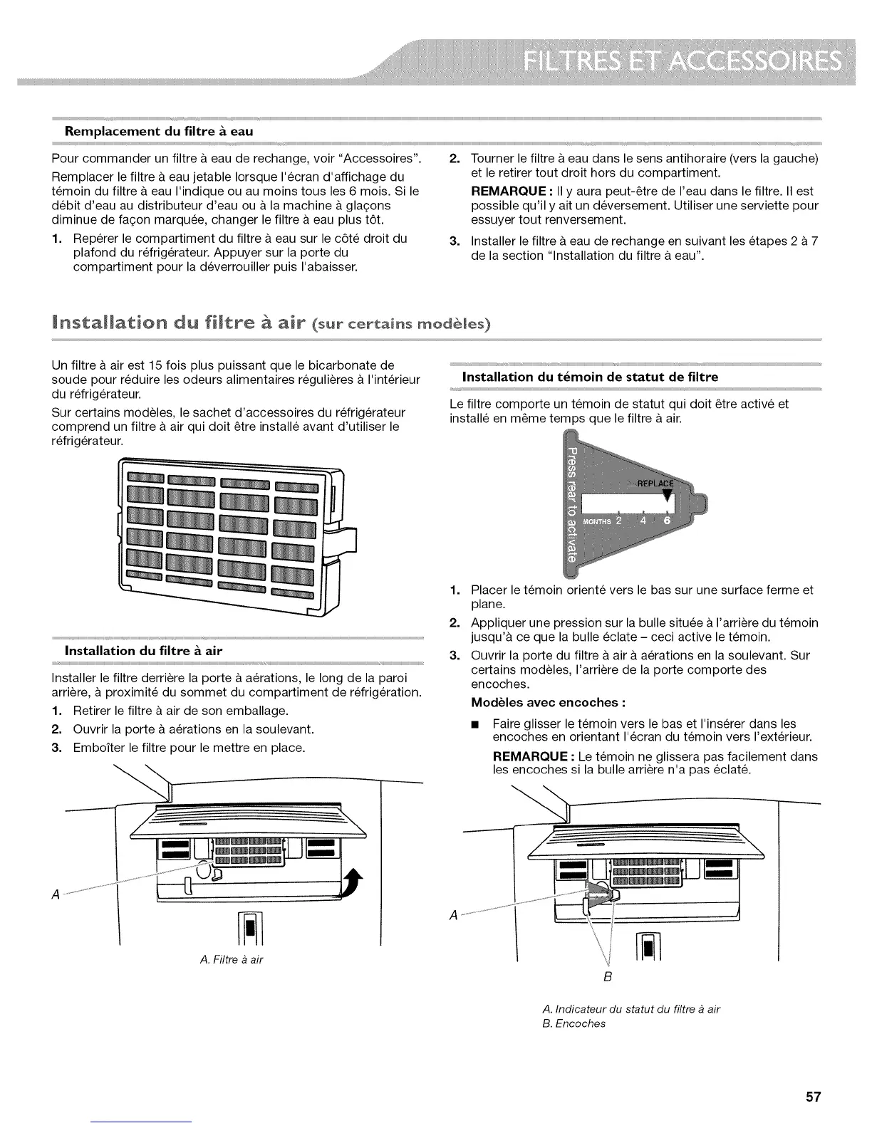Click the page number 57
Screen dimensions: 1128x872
click(814, 1097)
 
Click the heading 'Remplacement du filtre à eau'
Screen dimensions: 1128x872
click(159, 131)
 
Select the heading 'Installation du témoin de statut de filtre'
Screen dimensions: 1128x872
click(590, 377)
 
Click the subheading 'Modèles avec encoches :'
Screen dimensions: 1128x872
click(549, 703)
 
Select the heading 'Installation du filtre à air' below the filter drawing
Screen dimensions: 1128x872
click(144, 650)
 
